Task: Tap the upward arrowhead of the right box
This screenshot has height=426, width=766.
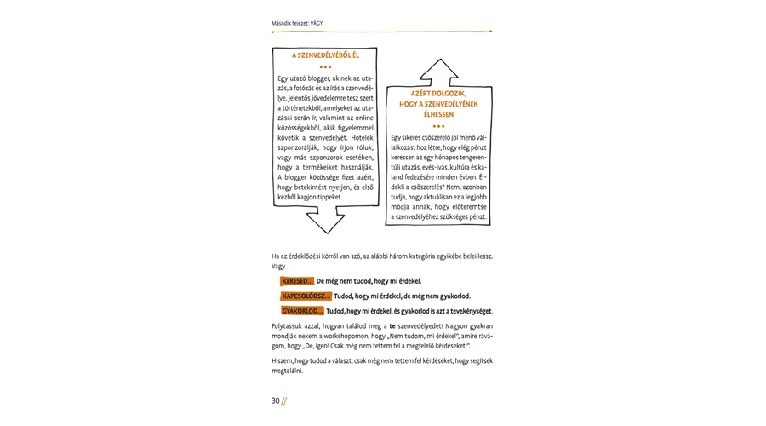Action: point(438,70)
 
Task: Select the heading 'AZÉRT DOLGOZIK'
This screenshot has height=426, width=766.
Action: point(438,93)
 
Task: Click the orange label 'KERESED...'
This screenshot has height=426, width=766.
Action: point(297,280)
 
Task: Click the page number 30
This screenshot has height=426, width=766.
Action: point(276,401)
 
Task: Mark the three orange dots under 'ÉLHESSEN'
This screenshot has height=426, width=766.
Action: point(438,126)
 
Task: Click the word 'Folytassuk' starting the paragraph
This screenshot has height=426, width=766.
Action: point(289,326)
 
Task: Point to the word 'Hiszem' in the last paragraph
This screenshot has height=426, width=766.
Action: point(283,362)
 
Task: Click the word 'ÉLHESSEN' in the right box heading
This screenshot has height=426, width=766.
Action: point(438,114)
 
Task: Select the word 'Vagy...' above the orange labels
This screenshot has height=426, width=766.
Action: point(280,266)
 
